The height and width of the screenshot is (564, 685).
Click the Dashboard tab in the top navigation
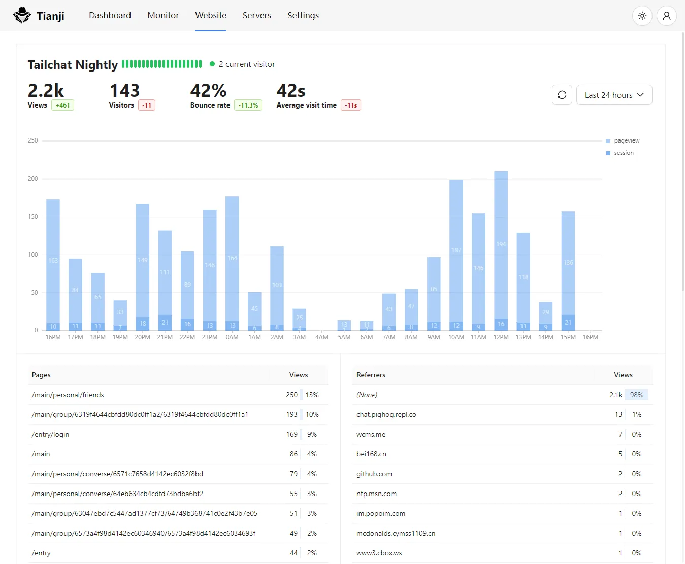[x=110, y=15]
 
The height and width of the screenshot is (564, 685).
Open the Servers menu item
[x=256, y=15]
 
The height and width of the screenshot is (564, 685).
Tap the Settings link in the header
[x=303, y=15]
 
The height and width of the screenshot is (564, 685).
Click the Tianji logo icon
[x=22, y=16]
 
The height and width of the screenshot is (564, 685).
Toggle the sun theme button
[x=642, y=16]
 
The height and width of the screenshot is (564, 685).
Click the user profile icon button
[x=666, y=16]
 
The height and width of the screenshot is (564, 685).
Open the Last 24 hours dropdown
[x=614, y=95]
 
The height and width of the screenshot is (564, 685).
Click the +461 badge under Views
[x=62, y=105]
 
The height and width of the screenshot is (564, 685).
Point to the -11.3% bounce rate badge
[x=248, y=105]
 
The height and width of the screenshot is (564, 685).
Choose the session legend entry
[x=623, y=153]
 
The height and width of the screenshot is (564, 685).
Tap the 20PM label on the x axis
[x=142, y=337]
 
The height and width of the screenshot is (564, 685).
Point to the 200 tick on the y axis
[x=33, y=179]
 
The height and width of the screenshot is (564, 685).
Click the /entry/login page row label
[x=50, y=435]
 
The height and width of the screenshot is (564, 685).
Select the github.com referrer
[x=374, y=474]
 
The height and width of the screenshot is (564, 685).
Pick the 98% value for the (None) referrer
[x=636, y=395]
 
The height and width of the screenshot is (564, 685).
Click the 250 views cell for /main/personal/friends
[x=291, y=395]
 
